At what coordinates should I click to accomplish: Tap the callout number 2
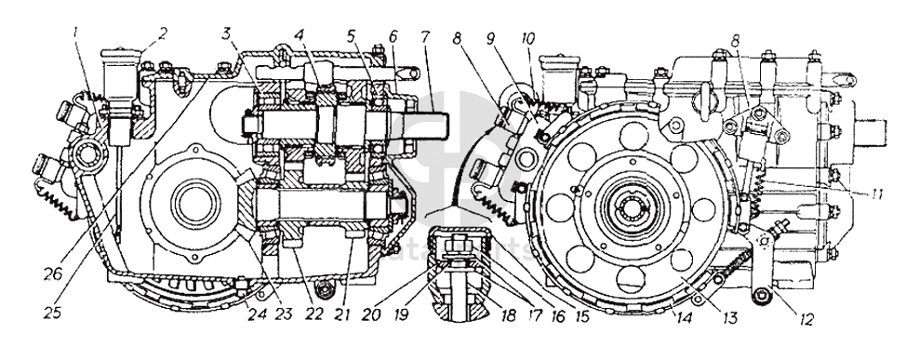click(163, 33)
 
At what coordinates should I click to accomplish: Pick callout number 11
click(877, 194)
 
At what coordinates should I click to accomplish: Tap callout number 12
click(806, 317)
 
